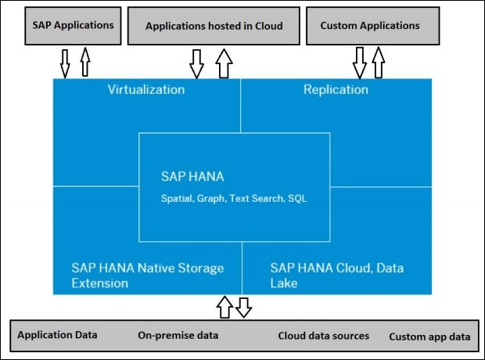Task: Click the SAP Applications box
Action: coord(73,25)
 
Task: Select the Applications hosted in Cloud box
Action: coord(213,26)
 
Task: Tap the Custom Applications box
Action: coord(370,26)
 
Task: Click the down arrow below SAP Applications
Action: coord(65,63)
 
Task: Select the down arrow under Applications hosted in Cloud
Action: coord(196,63)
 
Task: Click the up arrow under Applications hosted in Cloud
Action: coord(225,63)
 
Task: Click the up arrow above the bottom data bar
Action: coord(225,307)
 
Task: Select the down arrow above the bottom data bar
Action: coord(243,306)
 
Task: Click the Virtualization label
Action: coord(145,89)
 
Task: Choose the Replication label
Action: coord(336,89)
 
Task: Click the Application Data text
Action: coord(58,335)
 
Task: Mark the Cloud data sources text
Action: coord(323,336)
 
